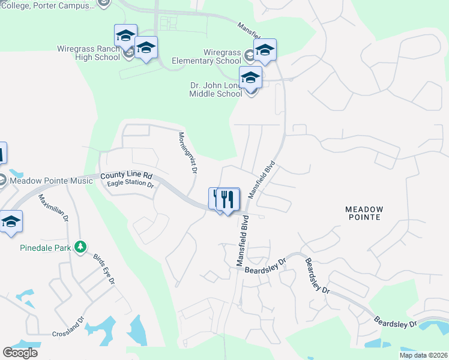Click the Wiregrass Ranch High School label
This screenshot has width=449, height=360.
coord(89,53)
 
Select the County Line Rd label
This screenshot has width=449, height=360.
coord(127,176)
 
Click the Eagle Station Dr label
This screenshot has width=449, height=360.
coord(130,185)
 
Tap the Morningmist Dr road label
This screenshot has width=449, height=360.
coord(187,152)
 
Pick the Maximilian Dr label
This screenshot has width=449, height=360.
coord(54,208)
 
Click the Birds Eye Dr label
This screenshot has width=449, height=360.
coord(103,270)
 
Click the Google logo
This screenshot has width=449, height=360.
coord(20,353)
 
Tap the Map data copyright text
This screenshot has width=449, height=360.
coord(423,355)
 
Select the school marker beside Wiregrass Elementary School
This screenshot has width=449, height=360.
coord(264,50)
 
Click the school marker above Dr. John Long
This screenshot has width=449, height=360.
coord(250,77)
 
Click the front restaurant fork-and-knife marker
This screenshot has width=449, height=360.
coord(228,199)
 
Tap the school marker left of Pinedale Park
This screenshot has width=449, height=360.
coord(11,221)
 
